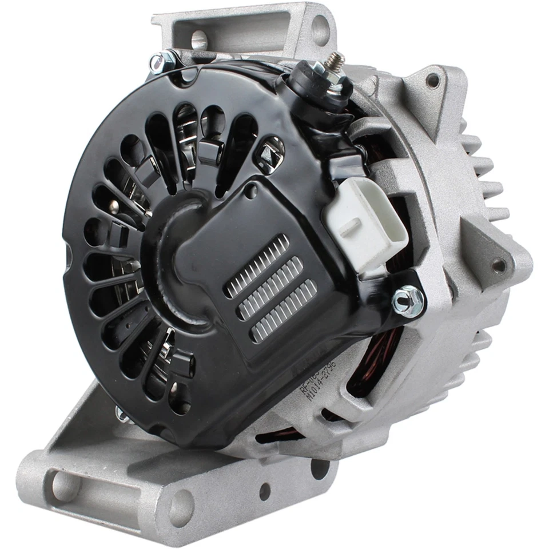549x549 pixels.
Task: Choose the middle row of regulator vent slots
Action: (x=270, y=289)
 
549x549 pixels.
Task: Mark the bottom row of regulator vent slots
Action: (x=284, y=312)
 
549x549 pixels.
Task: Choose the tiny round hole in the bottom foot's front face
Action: (x=264, y=491)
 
